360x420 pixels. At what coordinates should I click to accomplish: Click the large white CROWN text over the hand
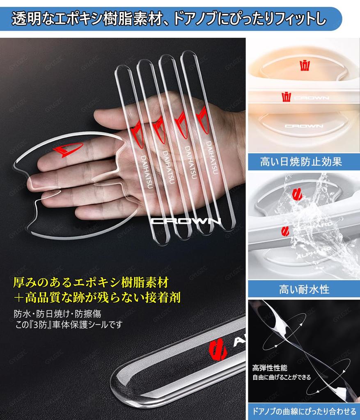click(x=186, y=221)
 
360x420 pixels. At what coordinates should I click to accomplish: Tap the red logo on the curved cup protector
click(x=68, y=150)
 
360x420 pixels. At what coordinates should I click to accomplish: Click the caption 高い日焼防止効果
click(x=301, y=161)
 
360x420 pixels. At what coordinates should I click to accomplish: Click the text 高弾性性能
click(x=269, y=368)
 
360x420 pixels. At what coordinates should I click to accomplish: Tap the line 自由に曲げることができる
click(x=282, y=377)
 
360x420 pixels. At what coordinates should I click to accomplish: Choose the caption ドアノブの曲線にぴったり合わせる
click(x=304, y=411)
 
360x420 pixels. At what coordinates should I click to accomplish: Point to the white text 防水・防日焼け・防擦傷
click(x=57, y=314)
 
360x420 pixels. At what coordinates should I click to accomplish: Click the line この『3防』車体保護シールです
click(x=67, y=325)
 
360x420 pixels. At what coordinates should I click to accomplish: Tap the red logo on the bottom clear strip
click(x=218, y=350)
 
